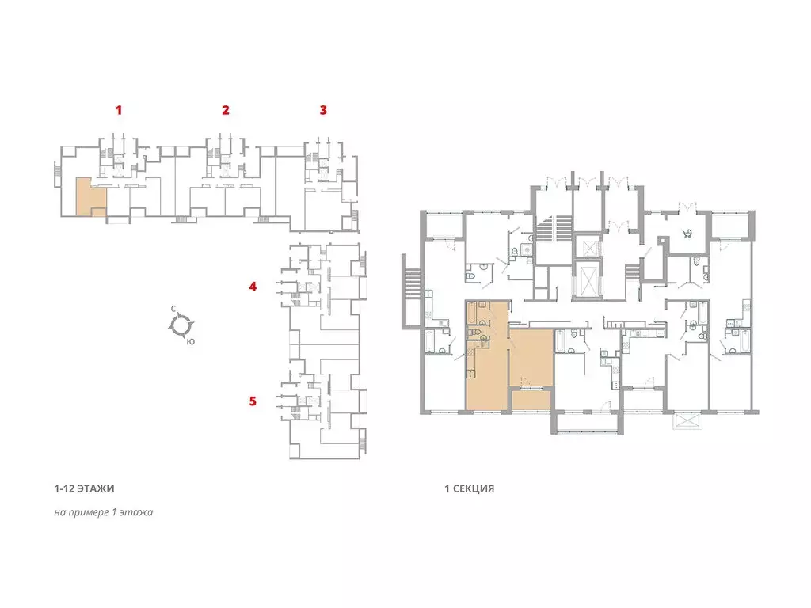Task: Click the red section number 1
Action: [x=119, y=109]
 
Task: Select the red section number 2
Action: [x=226, y=109]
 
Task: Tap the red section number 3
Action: [x=323, y=109]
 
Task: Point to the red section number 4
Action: [x=253, y=287]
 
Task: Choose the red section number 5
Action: [x=253, y=401]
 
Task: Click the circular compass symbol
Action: [x=181, y=325]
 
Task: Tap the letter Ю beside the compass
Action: [x=191, y=341]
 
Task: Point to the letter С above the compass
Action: [x=173, y=309]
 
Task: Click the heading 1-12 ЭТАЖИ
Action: [x=84, y=488]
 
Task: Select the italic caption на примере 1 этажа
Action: [x=104, y=512]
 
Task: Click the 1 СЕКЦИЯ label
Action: [x=469, y=488]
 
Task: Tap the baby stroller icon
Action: [x=688, y=234]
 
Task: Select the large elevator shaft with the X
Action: [x=587, y=279]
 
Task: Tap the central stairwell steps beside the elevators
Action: [x=554, y=229]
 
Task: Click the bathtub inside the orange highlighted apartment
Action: [x=472, y=313]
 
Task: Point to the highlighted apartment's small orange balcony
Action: [x=531, y=401]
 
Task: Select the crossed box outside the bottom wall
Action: [x=688, y=420]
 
